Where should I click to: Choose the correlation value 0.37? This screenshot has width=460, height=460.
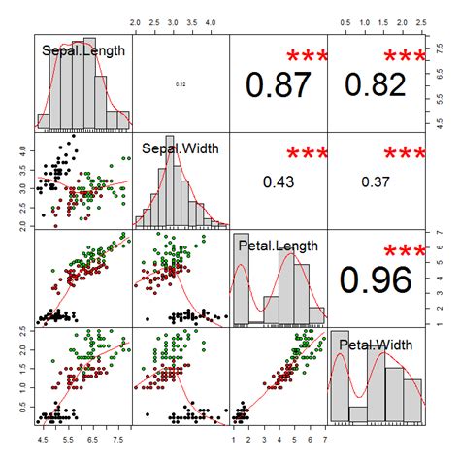point(377,181)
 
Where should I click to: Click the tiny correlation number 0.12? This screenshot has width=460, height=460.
point(181,85)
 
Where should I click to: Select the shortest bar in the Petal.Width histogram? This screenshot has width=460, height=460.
point(358,414)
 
